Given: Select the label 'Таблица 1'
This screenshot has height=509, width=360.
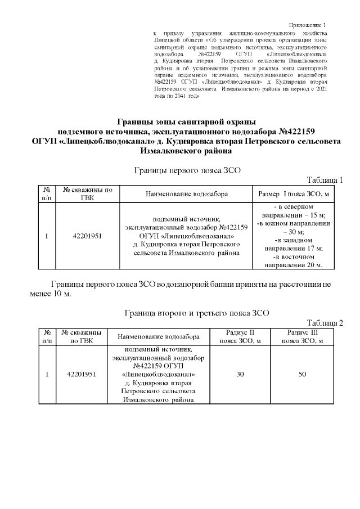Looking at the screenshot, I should [x=325, y=180].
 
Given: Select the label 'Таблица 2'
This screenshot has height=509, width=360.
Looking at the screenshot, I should [x=325, y=322].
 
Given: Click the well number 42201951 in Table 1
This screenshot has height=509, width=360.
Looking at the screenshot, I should [x=87, y=236].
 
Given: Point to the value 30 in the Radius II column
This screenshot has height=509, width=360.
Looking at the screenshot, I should [x=240, y=374].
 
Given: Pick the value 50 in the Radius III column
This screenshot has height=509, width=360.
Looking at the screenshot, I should [x=302, y=374].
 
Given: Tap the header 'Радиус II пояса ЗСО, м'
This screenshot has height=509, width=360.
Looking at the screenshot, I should [x=240, y=336].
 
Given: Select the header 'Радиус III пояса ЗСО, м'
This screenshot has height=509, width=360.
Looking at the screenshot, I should [x=302, y=336].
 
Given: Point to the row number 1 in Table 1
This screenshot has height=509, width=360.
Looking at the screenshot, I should [x=47, y=236].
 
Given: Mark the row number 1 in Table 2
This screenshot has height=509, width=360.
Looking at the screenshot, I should [x=47, y=374].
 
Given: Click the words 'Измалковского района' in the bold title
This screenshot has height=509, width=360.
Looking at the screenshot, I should [x=186, y=151].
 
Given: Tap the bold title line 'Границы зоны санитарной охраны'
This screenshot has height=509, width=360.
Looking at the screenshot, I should [x=186, y=122].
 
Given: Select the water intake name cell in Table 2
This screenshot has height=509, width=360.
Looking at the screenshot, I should [x=159, y=374].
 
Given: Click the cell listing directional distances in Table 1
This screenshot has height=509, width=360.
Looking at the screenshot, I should [x=292, y=236].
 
